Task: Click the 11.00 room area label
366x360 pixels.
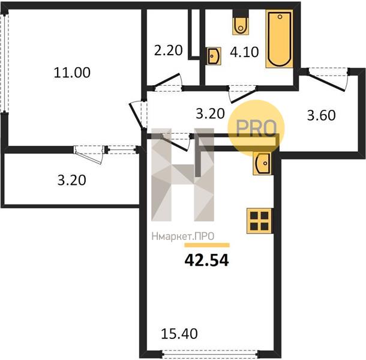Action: [x=72, y=73]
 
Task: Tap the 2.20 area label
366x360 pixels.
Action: [x=168, y=50]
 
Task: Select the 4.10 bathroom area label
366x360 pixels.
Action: [x=244, y=52]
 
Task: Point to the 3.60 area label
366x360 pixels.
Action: [x=321, y=115]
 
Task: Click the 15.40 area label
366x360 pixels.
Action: [x=179, y=334]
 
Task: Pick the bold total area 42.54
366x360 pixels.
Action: [x=206, y=260]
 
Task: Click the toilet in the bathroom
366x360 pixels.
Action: [x=241, y=22]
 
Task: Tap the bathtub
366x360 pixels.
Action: [x=280, y=39]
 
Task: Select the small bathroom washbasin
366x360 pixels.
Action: [x=214, y=56]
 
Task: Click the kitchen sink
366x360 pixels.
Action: [x=262, y=163]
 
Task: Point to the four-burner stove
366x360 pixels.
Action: [x=259, y=221]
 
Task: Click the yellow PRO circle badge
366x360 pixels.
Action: [x=256, y=128]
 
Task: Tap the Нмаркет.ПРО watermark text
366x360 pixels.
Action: [x=183, y=236]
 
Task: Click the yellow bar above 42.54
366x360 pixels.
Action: [x=207, y=245]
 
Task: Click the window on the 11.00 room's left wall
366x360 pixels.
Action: [x=5, y=63]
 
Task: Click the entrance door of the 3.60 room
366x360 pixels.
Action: [x=328, y=79]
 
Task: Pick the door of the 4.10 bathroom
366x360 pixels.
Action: [x=242, y=94]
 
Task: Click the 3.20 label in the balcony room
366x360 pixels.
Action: [x=71, y=180]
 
